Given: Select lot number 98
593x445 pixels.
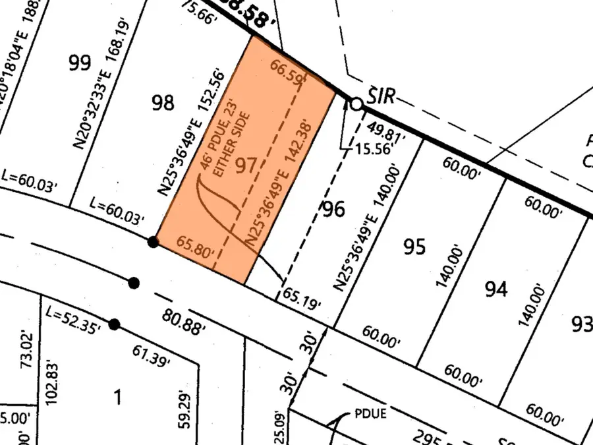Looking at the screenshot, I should pos(163,102).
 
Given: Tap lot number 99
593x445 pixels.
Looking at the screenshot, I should pos(79,63).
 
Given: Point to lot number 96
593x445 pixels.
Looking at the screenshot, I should pos(333,210).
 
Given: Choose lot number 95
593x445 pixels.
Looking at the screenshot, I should pos(414,247).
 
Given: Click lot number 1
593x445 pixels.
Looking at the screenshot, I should pos(118,398).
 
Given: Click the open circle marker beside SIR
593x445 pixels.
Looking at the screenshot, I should pos(356,104).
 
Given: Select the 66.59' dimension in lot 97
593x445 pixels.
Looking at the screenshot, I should pos(286,68).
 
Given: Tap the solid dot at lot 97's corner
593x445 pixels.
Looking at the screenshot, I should pos(153,242).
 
